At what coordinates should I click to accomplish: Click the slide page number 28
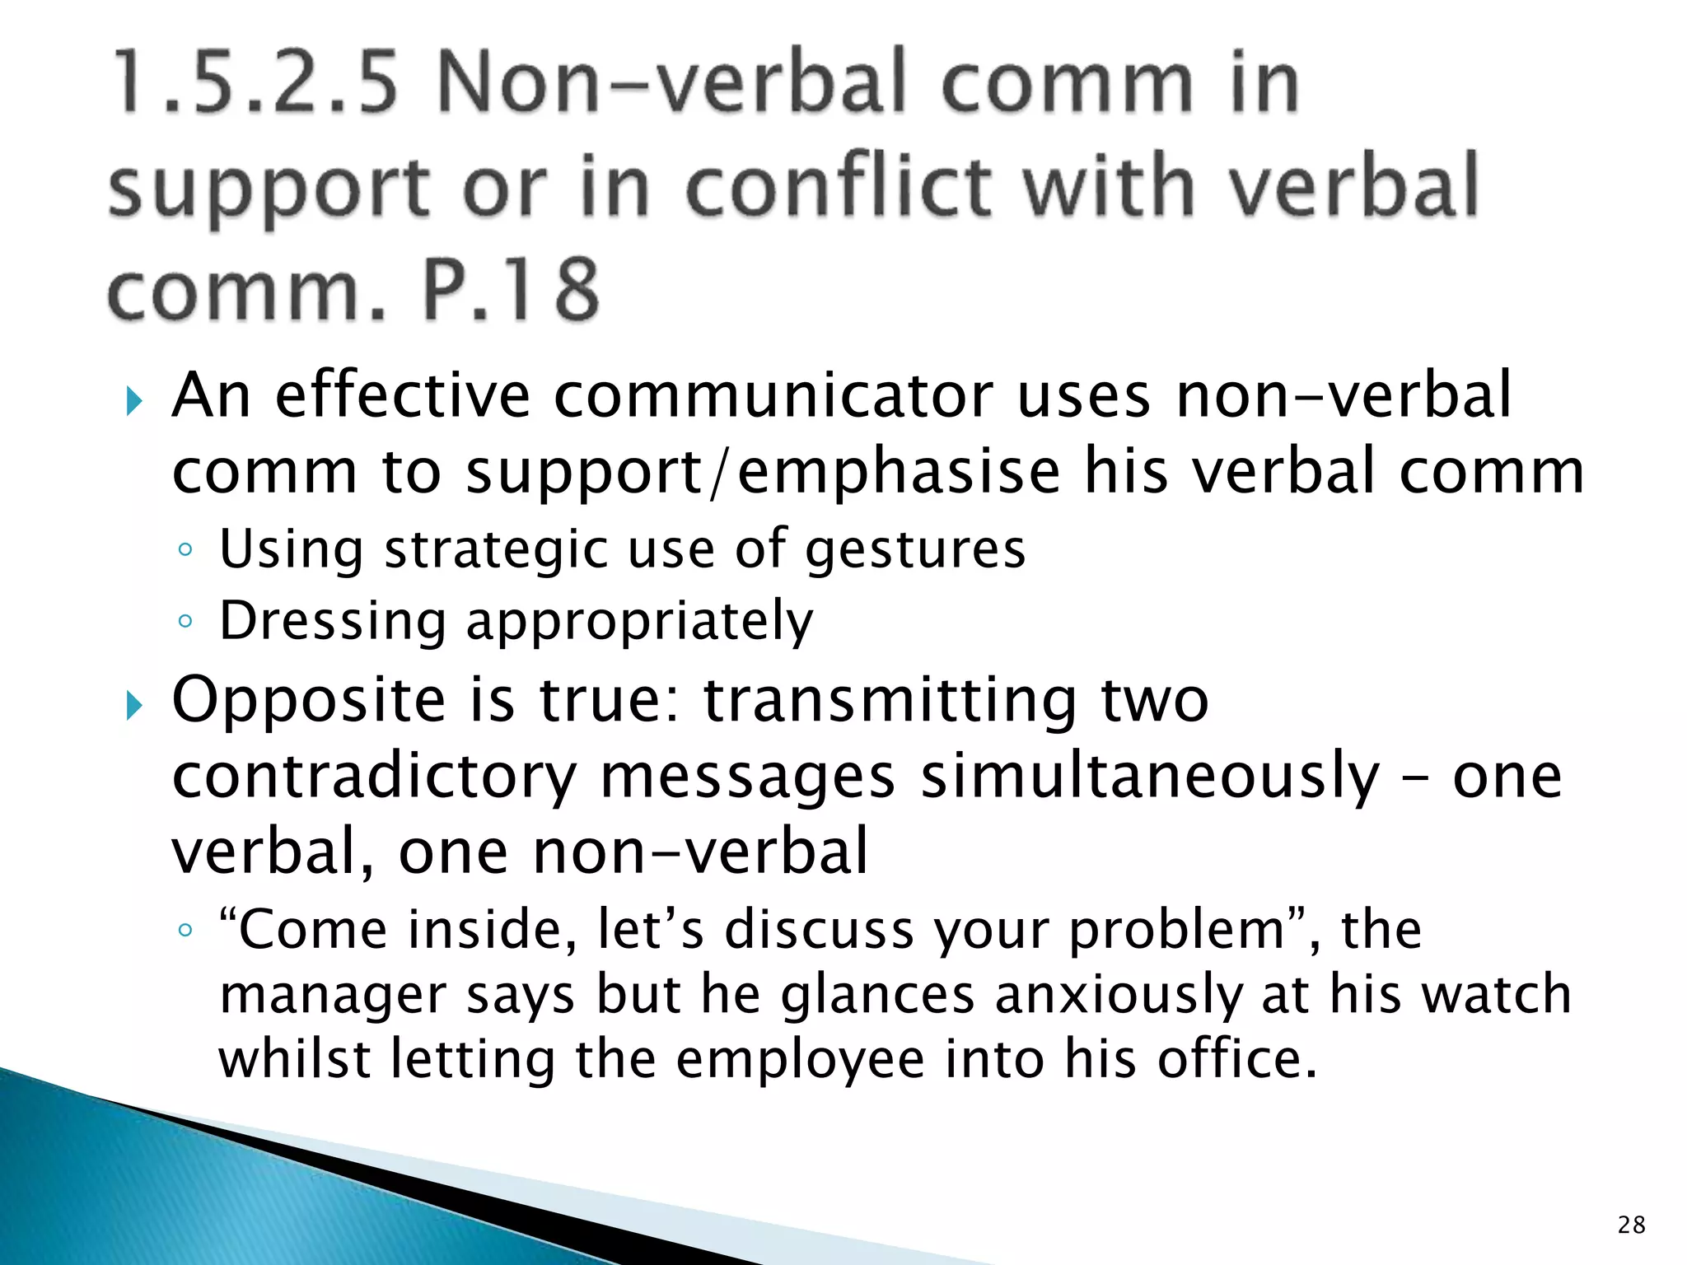tap(1631, 1225)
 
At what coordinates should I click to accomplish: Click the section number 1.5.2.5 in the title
tap(255, 82)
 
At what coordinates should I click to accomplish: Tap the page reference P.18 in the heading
tap(511, 290)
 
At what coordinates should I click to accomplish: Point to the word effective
tap(402, 395)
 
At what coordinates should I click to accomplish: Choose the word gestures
tap(915, 550)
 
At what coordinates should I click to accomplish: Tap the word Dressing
tap(332, 621)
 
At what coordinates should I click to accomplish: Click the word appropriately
tap(639, 623)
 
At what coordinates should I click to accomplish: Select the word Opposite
tap(309, 700)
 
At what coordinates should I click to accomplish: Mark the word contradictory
tap(375, 776)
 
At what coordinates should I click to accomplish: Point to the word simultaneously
tap(1149, 776)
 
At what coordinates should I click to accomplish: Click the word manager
tap(332, 995)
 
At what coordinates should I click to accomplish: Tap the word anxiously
tap(1118, 995)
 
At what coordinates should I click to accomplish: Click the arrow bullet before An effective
tap(135, 402)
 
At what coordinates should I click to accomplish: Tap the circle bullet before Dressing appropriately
tap(185, 621)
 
